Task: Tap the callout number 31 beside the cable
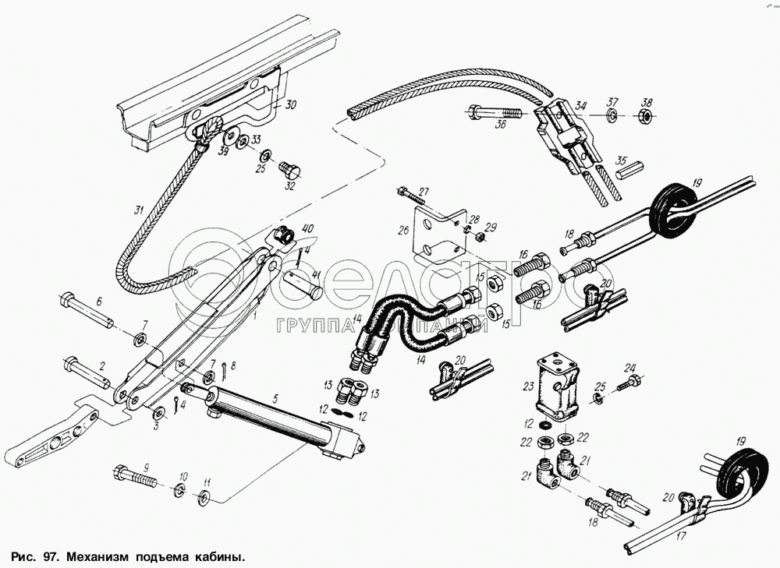click(x=139, y=210)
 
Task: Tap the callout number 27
click(x=424, y=192)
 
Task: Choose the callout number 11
click(x=207, y=483)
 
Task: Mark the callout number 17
click(x=682, y=536)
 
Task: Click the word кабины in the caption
click(x=212, y=558)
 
